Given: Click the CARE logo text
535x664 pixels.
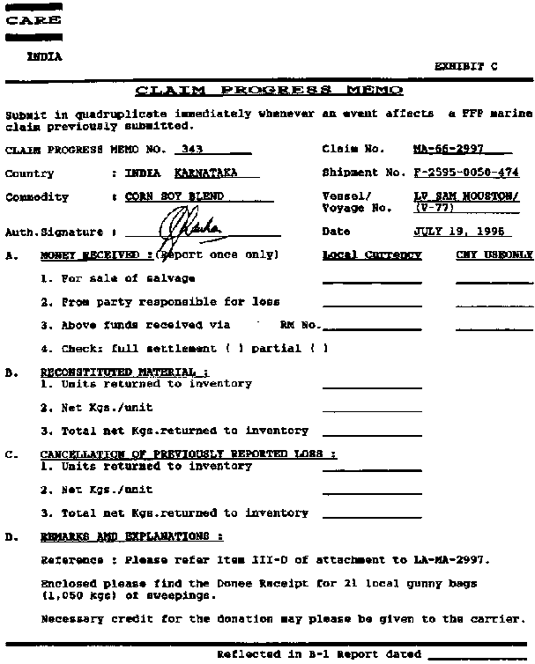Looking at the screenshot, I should [x=33, y=20].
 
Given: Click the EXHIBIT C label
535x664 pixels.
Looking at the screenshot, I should [x=467, y=66].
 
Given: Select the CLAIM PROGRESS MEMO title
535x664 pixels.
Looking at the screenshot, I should [x=269, y=91].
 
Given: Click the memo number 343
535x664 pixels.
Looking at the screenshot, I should [x=189, y=150].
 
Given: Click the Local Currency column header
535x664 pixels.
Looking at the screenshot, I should [x=372, y=255].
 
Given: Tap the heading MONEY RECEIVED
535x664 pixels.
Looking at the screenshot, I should [x=93, y=255].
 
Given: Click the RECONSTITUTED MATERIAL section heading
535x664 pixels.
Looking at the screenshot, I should [x=124, y=373].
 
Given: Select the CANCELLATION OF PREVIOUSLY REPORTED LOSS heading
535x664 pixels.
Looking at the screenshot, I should [x=188, y=454].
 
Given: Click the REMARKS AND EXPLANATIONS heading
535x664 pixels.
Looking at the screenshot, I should [x=131, y=536].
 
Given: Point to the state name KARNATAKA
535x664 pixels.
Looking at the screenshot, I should [x=205, y=173].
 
